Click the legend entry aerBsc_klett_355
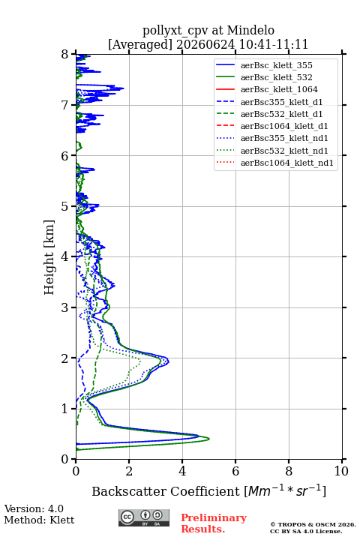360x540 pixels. coord(276,65)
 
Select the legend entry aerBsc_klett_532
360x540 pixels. coord(276,77)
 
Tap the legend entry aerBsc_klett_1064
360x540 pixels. coord(279,89)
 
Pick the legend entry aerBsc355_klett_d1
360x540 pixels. coord(281,102)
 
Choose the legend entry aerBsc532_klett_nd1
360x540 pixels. coord(284,151)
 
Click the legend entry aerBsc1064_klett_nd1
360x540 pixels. coord(287,163)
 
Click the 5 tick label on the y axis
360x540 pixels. coord(65,206)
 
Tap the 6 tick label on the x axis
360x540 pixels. coord(235,471)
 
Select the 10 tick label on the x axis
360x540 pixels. coord(341,471)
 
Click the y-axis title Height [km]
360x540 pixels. coord(49,257)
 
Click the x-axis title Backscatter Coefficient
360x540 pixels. coord(166,491)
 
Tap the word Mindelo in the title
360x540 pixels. coord(250,30)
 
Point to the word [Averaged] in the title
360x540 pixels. coord(140,44)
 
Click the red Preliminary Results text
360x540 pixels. coord(214,523)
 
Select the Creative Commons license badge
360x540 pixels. coord(144,517)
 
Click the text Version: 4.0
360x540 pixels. coord(34,508)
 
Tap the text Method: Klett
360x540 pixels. coord(39,520)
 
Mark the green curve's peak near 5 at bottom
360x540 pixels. coord(209,439)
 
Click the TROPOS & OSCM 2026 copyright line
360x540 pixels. coord(313,524)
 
